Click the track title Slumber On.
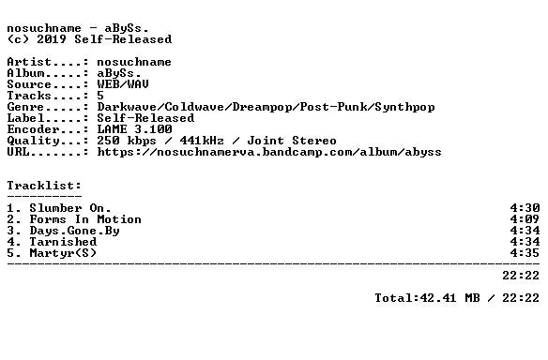tap(70, 208)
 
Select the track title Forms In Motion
tap(85, 219)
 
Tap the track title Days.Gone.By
tap(74, 232)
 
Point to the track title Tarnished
tap(63, 242)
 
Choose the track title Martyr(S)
tap(63, 253)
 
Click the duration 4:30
tap(525, 208)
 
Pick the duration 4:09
tap(525, 219)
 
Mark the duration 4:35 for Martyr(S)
tap(525, 253)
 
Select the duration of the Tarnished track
tap(525, 242)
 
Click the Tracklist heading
tap(44, 186)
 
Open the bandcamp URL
tap(269, 152)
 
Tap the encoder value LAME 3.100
tap(134, 129)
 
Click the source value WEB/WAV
tap(123, 84)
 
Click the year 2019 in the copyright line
tap(52, 39)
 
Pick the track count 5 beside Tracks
tap(100, 96)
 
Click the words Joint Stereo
tap(292, 141)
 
